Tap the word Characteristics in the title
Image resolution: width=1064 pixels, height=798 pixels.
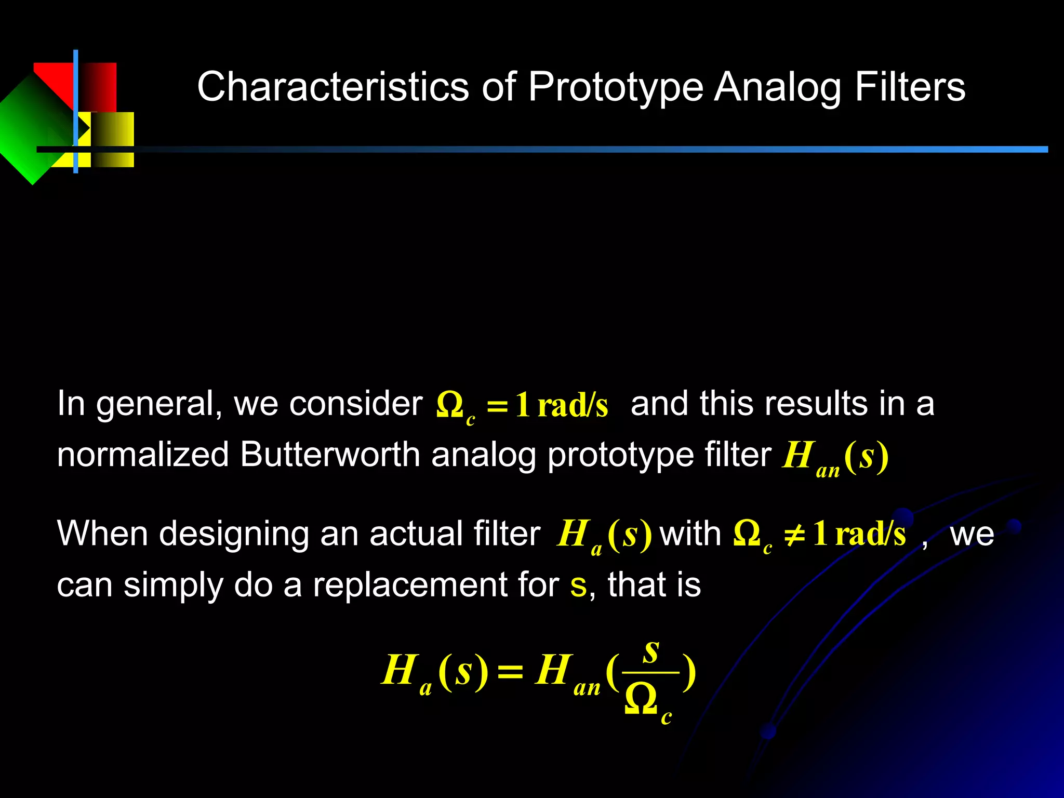[333, 87]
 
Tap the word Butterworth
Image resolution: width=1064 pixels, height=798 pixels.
[330, 455]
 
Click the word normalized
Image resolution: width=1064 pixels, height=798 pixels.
[143, 455]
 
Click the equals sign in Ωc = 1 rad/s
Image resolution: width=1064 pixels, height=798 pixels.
[497, 406]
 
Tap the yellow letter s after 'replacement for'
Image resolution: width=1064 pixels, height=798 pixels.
[578, 586]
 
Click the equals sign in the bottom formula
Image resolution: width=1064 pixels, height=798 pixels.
[510, 672]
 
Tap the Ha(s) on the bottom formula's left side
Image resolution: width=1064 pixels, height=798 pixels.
[434, 672]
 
